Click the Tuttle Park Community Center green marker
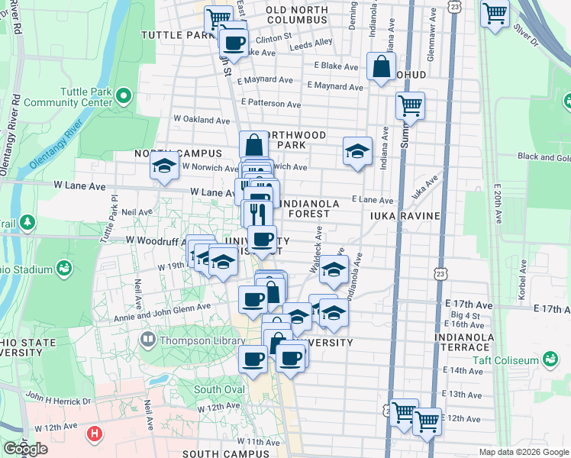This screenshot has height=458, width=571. [123, 96]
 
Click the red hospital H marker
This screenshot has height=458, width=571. [95, 434]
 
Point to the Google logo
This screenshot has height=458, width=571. [25, 449]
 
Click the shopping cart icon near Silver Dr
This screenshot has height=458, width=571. [495, 14]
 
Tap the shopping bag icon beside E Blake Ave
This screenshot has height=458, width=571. [380, 66]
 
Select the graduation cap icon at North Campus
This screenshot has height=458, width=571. [164, 166]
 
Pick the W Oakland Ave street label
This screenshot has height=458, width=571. [202, 120]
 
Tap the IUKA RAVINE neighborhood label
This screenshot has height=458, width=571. [405, 216]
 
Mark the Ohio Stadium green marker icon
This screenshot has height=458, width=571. [63, 269]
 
